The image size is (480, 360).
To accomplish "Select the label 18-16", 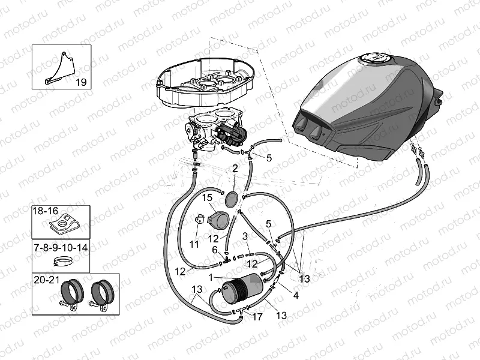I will pyautogui.click(x=46, y=211).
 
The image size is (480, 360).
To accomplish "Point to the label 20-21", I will pyautogui.click(x=47, y=280).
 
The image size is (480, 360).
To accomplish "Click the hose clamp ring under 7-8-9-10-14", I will pyautogui.click(x=61, y=261).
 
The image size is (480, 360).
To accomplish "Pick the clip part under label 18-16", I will pyautogui.click(x=59, y=227).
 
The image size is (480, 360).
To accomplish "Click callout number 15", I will pyautogui.click(x=207, y=197).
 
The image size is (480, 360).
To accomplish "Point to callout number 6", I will pyautogui.click(x=214, y=249).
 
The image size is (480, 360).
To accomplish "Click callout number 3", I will pyautogui.click(x=245, y=236).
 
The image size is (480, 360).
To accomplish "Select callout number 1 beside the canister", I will pyautogui.click(x=211, y=277).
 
